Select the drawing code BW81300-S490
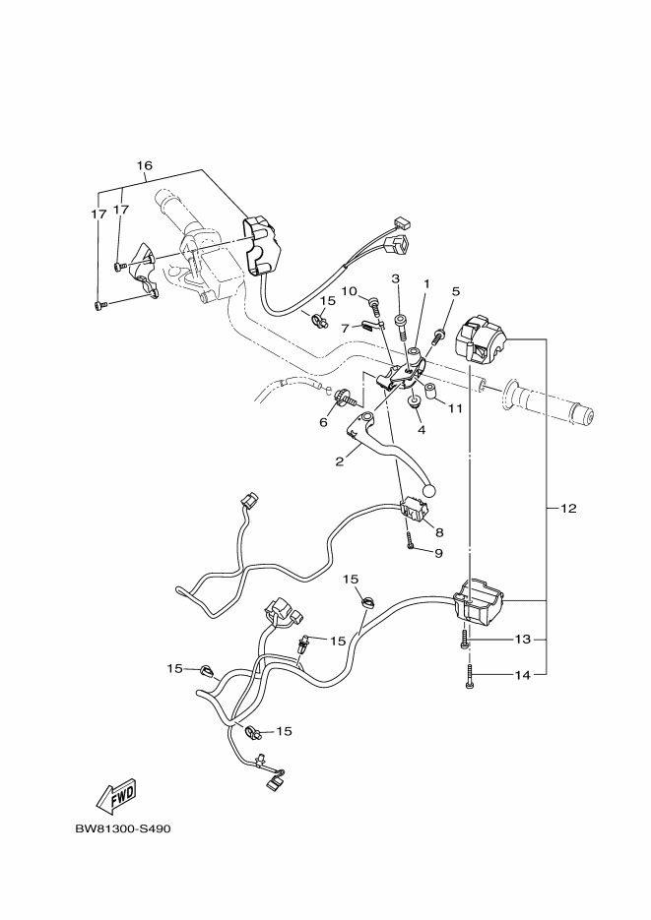tap(123, 829)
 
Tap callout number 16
tap(145, 165)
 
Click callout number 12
tap(569, 508)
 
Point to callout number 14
tap(522, 675)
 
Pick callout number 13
tap(522, 639)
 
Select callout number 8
tap(439, 532)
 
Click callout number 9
tap(438, 553)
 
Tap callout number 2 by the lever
tap(340, 461)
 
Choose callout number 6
tap(323, 422)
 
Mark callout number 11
tap(456, 408)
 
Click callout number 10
tap(350, 291)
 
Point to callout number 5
tap(456, 291)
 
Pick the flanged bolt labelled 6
tap(345, 399)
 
